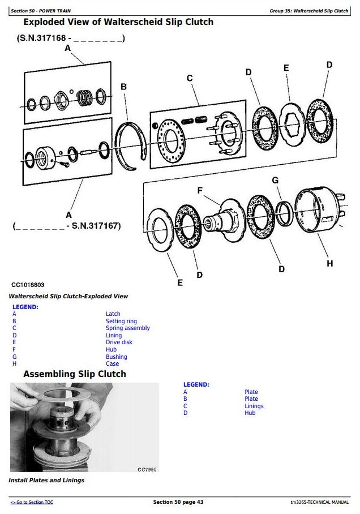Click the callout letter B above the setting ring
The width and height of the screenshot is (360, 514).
tap(123, 87)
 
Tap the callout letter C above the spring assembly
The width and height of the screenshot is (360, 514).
tap(190, 78)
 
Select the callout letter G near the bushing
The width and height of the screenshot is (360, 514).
tap(276, 180)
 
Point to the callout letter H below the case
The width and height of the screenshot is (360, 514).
tap(330, 264)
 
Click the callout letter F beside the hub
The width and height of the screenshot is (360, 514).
tap(200, 190)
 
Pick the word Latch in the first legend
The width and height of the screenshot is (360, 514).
tap(113, 314)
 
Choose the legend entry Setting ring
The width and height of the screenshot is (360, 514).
tap(121, 322)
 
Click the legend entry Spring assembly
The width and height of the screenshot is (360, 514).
tap(127, 328)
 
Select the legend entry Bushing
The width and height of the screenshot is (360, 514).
tap(117, 357)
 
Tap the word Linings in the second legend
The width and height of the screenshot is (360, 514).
tap(254, 406)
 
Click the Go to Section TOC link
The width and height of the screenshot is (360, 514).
tap(32, 502)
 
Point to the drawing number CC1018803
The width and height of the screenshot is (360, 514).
tap(28, 285)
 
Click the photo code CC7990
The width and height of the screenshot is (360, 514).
tap(147, 470)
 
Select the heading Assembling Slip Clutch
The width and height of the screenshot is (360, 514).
tap(75, 374)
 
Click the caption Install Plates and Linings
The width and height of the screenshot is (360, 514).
tap(46, 480)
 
